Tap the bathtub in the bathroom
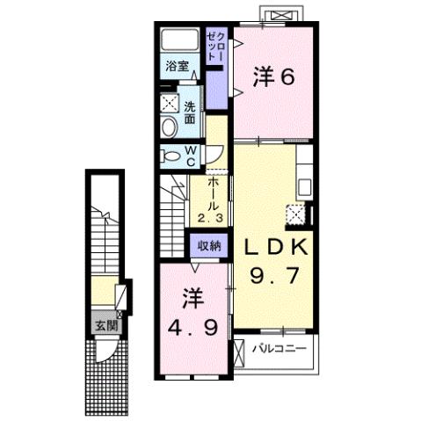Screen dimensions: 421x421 (x=182, y=40)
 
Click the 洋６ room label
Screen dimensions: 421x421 (x=272, y=78)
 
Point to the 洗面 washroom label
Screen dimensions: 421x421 (x=191, y=113)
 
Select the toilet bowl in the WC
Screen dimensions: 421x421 (x=171, y=156)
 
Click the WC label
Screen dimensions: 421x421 (x=191, y=155)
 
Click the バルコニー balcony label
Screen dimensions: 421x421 (x=279, y=349)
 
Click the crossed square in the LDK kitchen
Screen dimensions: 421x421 (x=296, y=214)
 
